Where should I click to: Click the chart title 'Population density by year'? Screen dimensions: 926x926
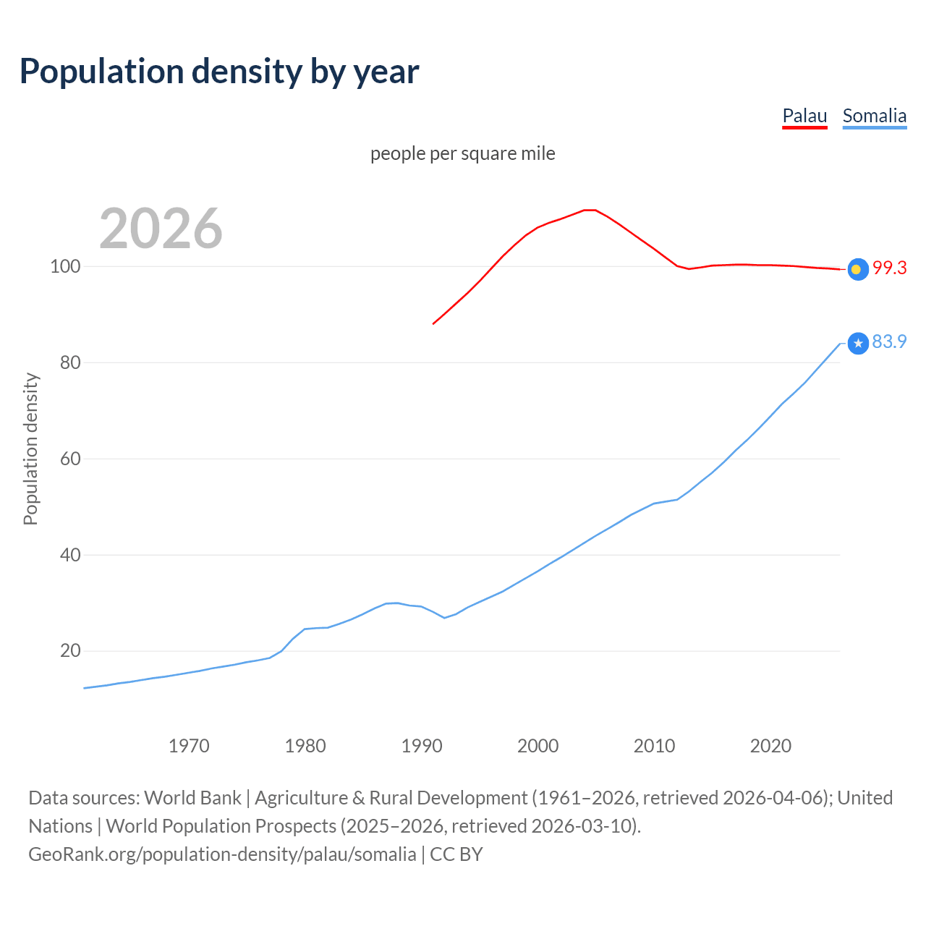tap(219, 71)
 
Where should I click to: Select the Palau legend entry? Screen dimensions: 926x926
tap(804, 116)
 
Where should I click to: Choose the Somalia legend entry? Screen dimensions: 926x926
tap(874, 116)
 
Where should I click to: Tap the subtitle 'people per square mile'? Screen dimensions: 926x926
tap(462, 153)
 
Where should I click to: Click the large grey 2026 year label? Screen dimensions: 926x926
tap(161, 229)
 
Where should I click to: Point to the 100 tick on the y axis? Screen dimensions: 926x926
tap(64, 266)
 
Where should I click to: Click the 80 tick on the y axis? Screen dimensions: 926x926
tap(69, 362)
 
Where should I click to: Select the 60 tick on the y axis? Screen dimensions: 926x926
tap(69, 459)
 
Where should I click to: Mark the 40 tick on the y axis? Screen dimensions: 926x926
tap(69, 555)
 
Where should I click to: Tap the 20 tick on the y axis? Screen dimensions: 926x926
tap(69, 650)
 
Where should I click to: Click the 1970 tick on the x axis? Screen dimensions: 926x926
tap(189, 746)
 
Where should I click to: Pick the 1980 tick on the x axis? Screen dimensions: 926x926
tap(305, 746)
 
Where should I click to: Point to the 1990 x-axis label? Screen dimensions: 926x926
tap(422, 746)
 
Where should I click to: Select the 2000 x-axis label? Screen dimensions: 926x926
tap(538, 746)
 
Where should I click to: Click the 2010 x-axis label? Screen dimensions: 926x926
tap(654, 746)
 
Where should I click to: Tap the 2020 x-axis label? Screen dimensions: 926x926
tap(770, 746)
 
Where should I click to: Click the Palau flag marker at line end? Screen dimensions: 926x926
tap(857, 269)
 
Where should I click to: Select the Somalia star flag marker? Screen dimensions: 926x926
tap(857, 343)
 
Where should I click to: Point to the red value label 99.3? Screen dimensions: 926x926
tap(889, 268)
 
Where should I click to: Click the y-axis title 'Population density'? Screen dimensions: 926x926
tap(30, 449)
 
